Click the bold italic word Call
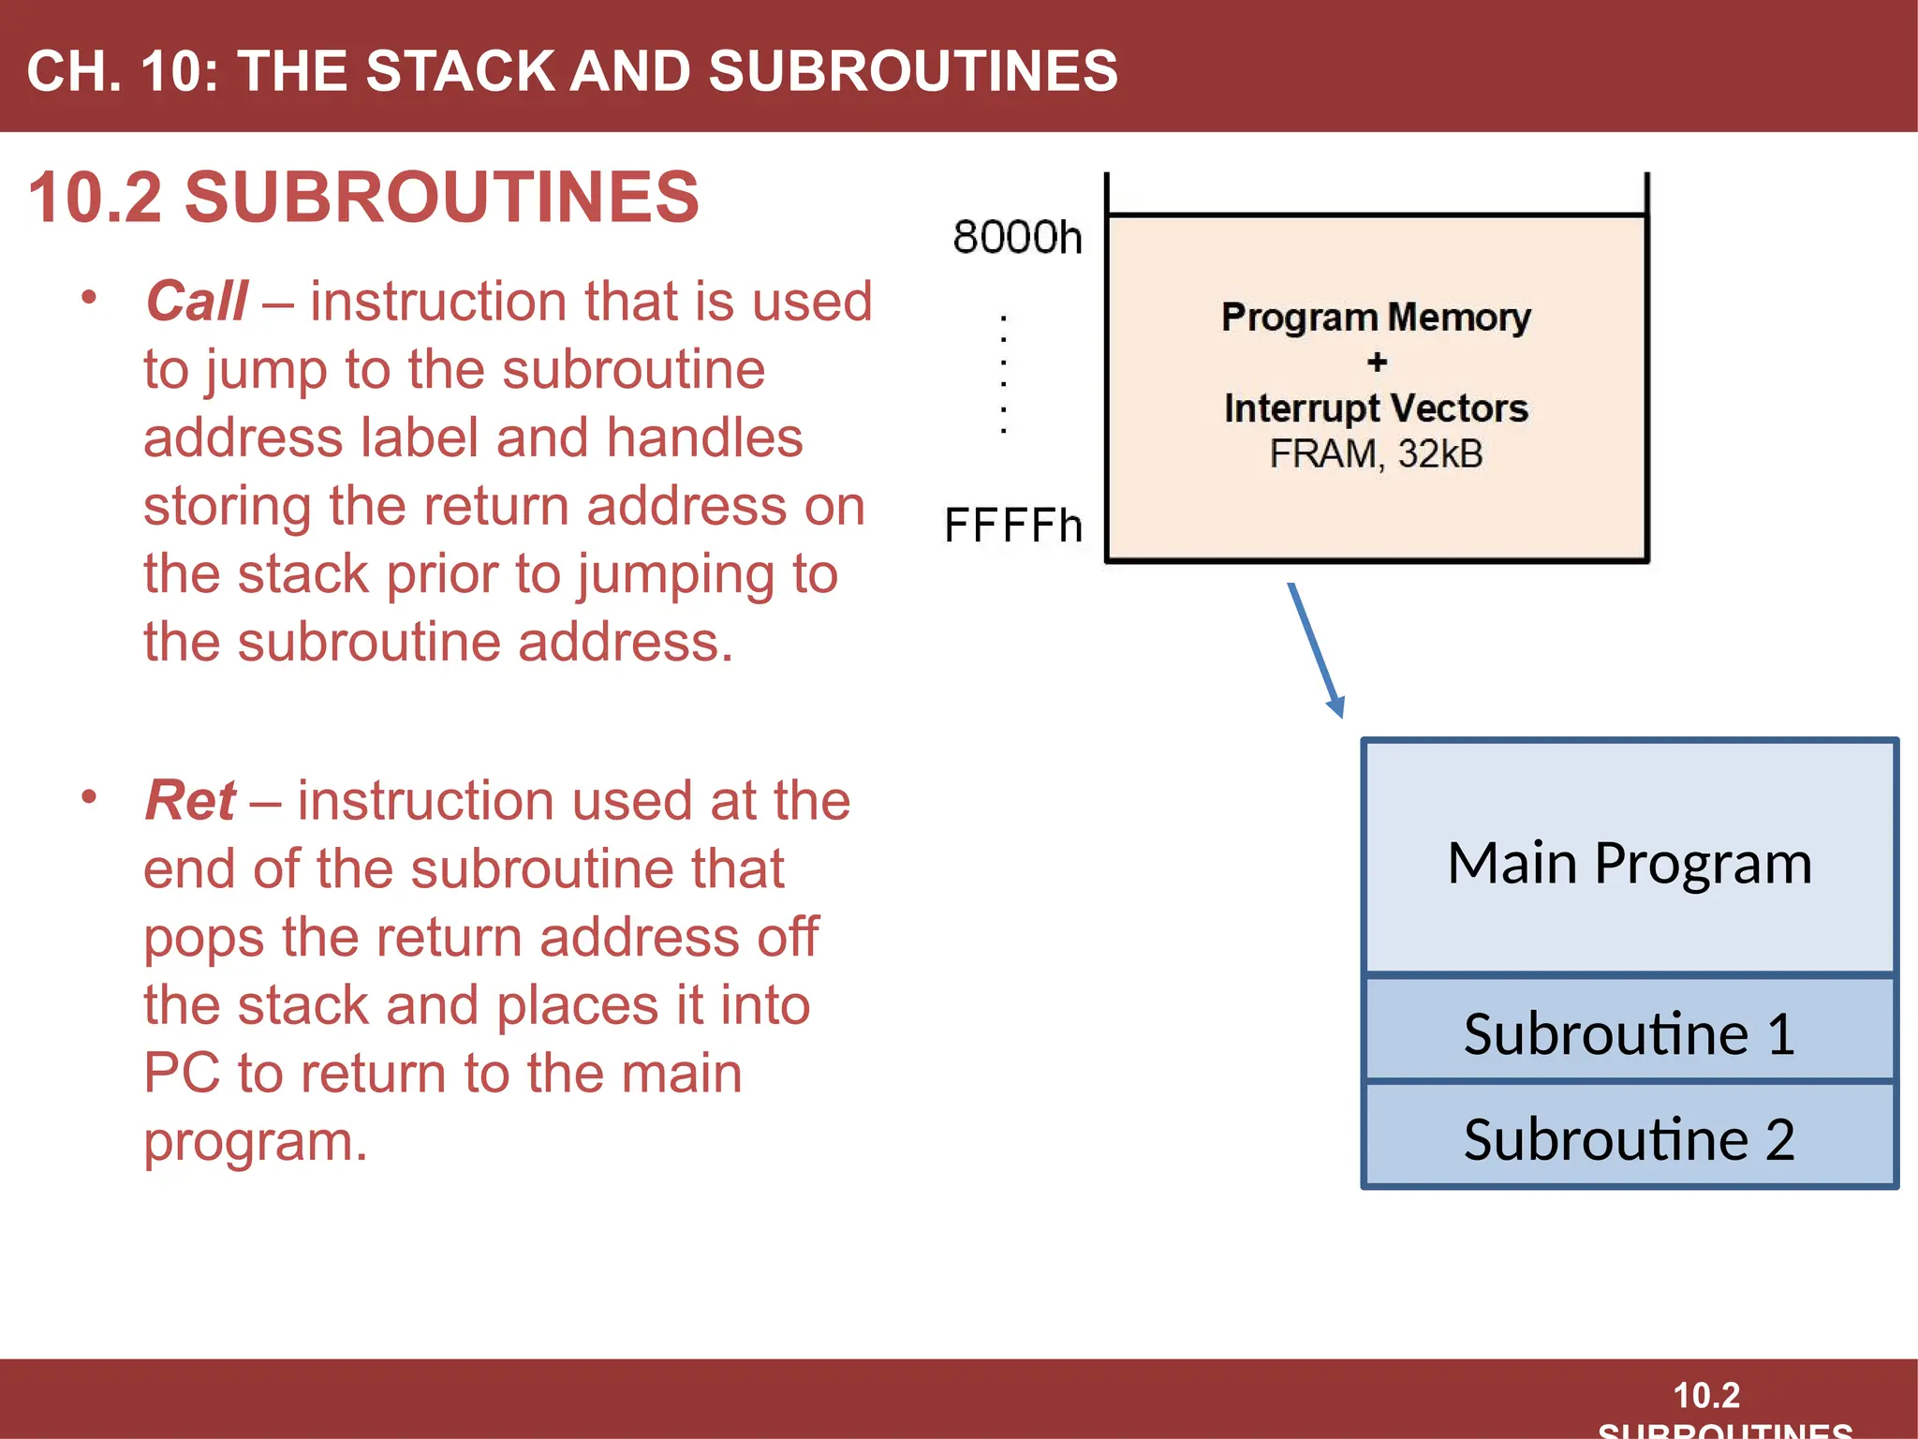tap(197, 302)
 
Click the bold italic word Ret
tap(190, 801)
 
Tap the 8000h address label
tap(1017, 238)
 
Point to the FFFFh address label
tap(1013, 526)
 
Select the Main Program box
tap(1630, 860)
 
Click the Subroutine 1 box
tap(1630, 1031)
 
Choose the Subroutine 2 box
tap(1630, 1137)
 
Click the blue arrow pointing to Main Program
tap(1316, 650)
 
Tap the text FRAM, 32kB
tap(1376, 454)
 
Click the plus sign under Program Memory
tap(1377, 363)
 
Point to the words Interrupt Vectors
tap(1376, 408)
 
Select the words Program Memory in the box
tap(1376, 318)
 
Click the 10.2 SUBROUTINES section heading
tap(363, 198)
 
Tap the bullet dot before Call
tap(89, 298)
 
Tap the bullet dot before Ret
tap(89, 797)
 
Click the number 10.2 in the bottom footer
tap(1706, 1395)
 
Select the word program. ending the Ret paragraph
tap(256, 1142)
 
